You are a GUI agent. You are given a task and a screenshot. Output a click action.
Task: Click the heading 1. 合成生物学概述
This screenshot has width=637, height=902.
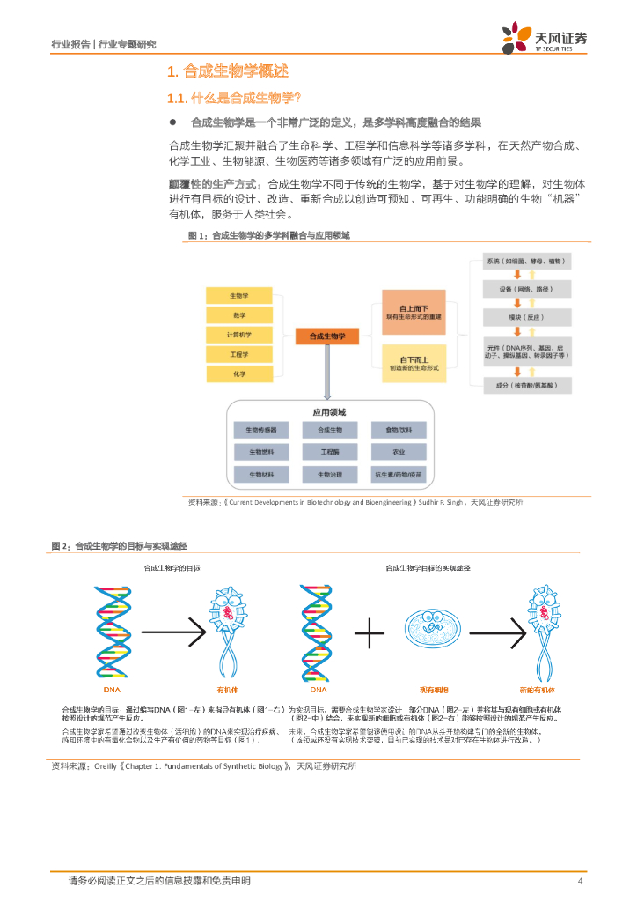point(227,71)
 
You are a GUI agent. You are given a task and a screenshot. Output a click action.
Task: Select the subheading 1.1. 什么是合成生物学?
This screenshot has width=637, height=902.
point(234,98)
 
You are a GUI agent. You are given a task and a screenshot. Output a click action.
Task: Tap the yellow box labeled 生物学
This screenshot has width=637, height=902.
point(238,295)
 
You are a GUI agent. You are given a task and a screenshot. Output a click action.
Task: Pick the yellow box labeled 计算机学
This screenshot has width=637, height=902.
point(238,335)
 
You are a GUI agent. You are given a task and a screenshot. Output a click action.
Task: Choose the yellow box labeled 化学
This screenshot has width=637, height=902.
point(238,373)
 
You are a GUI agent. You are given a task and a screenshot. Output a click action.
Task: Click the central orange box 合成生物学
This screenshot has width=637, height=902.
point(326,336)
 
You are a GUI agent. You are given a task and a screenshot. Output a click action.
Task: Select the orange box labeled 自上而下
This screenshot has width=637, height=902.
point(414,312)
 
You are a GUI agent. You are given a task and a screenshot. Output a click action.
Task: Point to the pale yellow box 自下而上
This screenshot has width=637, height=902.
point(414,363)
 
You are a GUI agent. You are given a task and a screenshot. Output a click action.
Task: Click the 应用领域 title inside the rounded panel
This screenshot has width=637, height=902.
point(329,411)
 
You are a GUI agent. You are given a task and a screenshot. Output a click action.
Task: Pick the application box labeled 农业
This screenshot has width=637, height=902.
point(399,452)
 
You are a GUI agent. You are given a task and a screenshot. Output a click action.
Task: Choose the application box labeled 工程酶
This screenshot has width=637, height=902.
point(329,452)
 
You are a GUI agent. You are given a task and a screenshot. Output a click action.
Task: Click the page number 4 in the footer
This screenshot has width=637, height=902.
point(580,881)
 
